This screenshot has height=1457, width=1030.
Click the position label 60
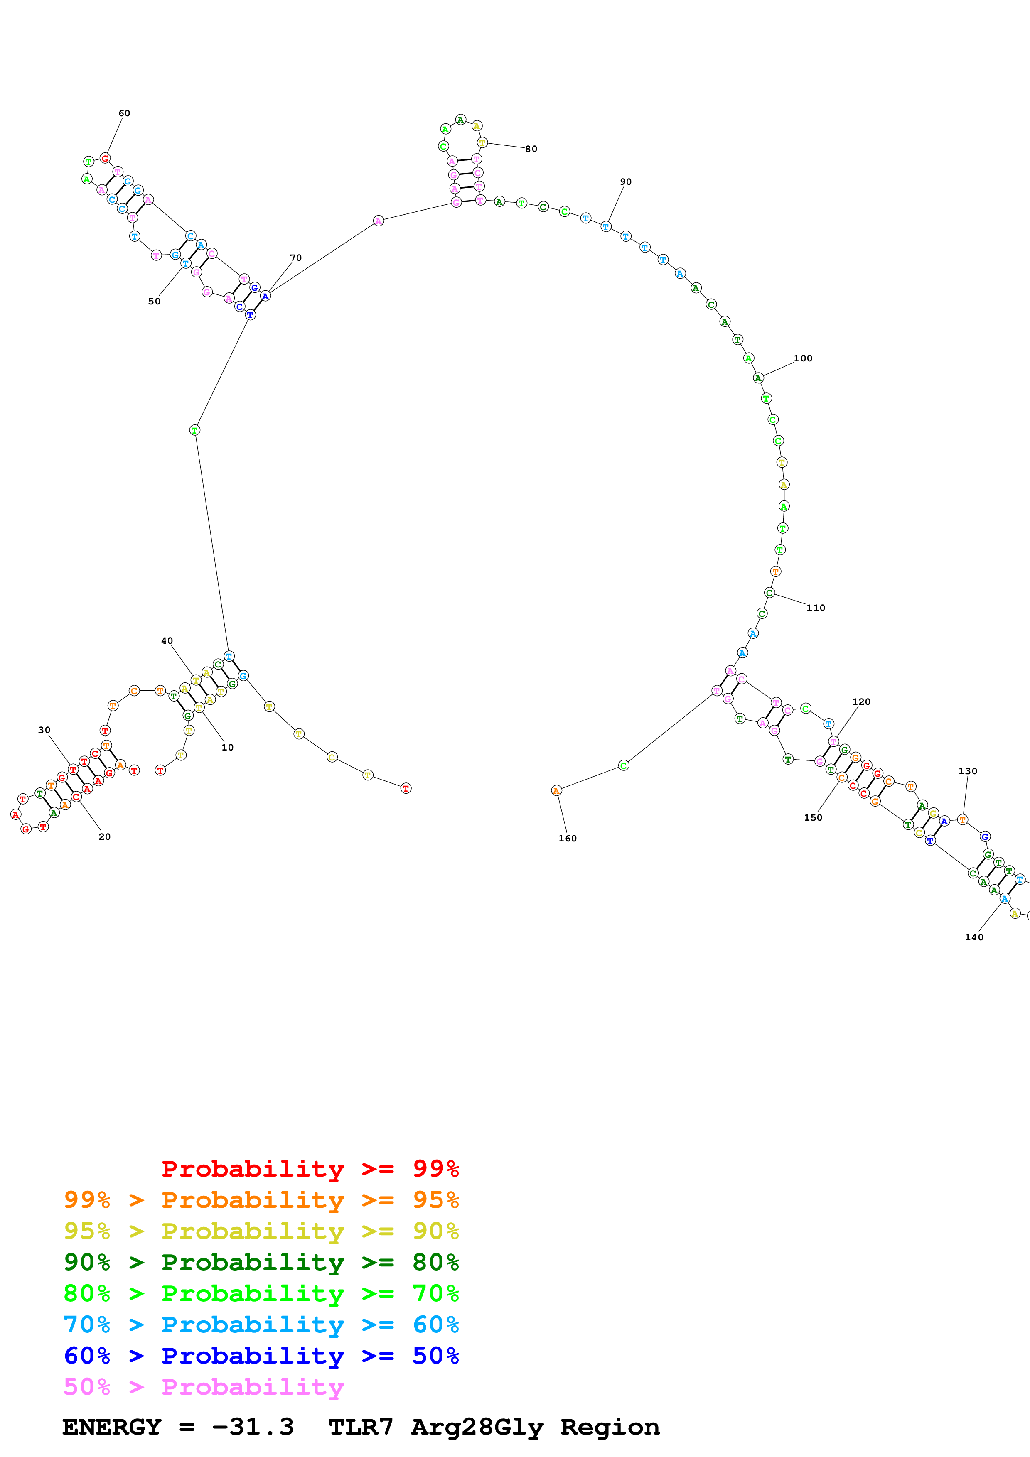124,113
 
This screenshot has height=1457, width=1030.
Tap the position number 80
531,149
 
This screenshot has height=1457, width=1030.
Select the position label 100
803,358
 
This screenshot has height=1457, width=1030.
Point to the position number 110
816,608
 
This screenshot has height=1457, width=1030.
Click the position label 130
968,771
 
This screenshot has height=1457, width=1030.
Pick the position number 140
974,937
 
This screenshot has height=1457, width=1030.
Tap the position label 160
568,838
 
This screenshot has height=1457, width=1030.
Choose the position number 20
105,836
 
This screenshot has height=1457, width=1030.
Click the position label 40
167,641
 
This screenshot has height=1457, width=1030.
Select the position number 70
296,258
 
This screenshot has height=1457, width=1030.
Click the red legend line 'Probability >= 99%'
310,1169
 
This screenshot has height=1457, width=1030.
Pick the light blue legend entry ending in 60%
261,1325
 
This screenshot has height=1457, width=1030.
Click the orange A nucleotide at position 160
557,791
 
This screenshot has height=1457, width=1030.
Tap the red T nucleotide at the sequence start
406,788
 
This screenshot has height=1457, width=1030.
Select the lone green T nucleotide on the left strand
195,430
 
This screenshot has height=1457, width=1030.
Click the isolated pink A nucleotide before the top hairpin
378,221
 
